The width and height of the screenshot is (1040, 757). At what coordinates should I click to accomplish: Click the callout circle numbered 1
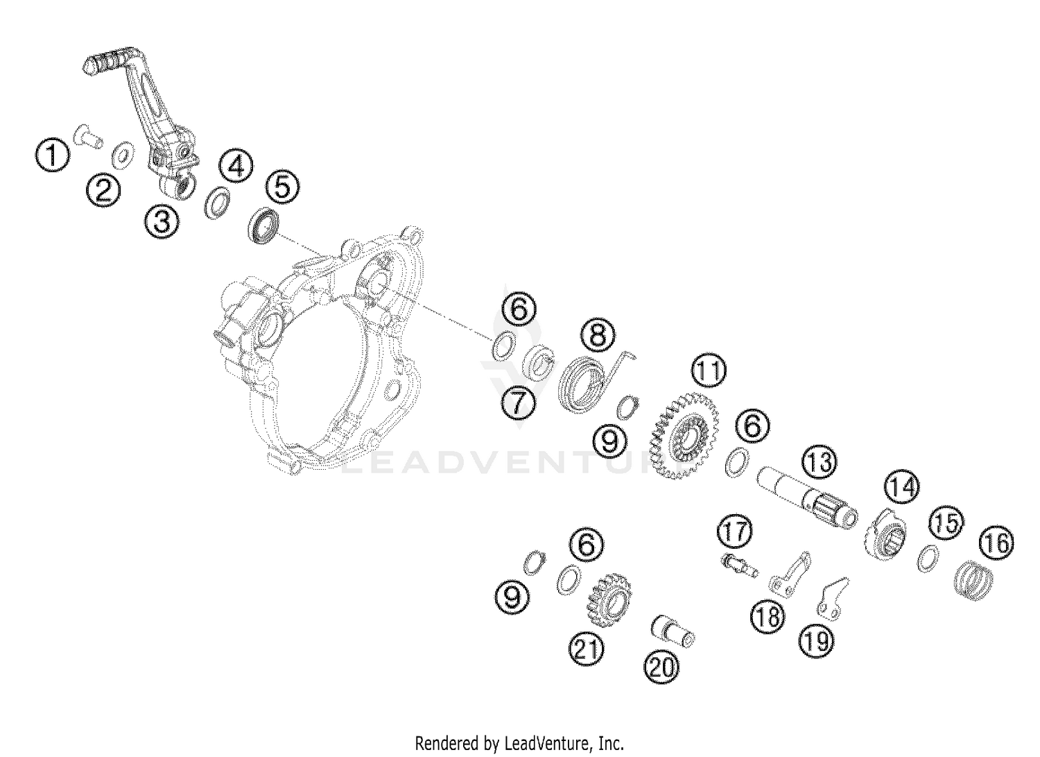coord(53,155)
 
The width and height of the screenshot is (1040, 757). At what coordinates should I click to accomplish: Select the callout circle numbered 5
coord(283,187)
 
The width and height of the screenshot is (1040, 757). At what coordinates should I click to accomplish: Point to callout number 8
coord(598,335)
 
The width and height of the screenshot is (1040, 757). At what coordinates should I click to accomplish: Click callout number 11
coord(709,371)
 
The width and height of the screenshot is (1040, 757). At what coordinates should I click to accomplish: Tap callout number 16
coord(996,543)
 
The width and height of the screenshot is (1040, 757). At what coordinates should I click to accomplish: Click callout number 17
coord(734,532)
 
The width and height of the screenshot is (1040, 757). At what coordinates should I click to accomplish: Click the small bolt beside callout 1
coord(89,137)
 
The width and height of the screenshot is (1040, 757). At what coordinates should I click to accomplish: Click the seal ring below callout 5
coord(263,226)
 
